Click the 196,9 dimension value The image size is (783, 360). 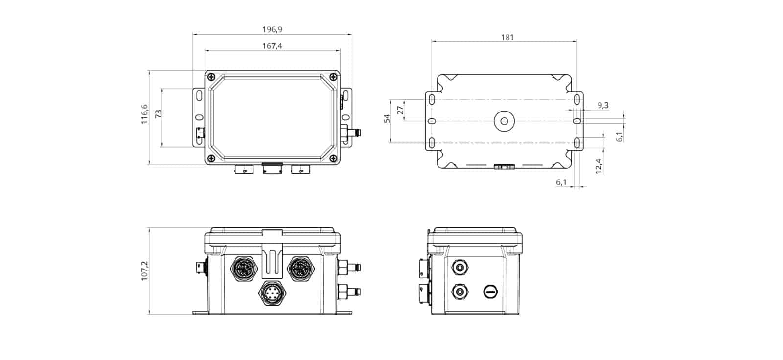272,29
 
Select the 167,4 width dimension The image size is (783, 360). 272,46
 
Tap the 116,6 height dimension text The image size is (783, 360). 144,114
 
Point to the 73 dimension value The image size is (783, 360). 159,114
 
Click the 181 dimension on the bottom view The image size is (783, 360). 507,37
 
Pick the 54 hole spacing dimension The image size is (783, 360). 387,118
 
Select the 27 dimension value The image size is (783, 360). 401,110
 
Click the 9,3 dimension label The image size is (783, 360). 603,105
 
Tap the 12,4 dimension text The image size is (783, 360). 599,166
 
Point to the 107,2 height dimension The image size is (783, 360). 144,271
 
